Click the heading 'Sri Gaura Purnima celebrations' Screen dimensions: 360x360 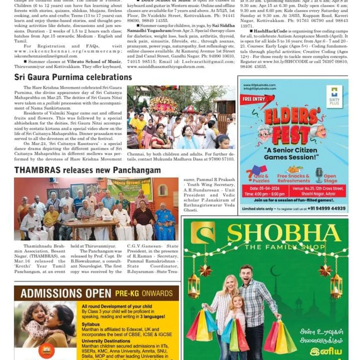point(73,77)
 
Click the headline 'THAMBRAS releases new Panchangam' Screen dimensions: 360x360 point(88,171)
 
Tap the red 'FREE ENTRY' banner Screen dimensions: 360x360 point(256,99)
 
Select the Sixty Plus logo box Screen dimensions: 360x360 point(334,96)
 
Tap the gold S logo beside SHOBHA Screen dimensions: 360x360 point(203,233)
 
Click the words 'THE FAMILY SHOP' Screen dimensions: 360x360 point(284,247)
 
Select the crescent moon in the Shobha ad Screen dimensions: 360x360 point(275,271)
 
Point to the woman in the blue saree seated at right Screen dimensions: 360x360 point(165,221)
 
